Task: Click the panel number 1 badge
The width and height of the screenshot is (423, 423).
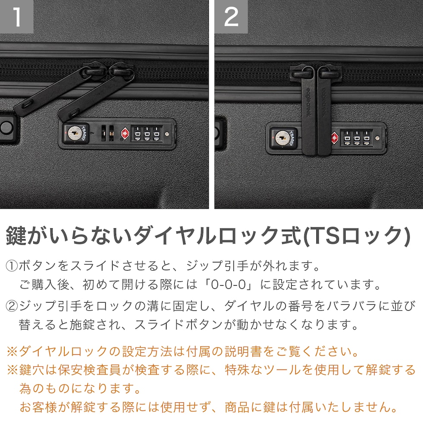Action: coord(16,16)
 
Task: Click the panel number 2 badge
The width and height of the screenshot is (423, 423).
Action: coord(231,16)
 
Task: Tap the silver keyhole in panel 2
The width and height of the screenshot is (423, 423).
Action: coord(282,138)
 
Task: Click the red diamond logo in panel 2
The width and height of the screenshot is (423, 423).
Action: coord(334,138)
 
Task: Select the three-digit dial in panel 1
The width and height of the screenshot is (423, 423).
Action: coord(147,133)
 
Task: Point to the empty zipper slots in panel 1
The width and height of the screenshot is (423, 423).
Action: coord(107,133)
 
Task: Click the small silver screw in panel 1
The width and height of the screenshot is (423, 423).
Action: coord(167,134)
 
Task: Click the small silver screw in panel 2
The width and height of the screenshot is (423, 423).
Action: coord(377,138)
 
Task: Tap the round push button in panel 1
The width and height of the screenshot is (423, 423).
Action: coord(6,128)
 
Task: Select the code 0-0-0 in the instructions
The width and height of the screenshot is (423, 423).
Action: coord(228,284)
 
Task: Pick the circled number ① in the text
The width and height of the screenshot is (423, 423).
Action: coord(12,266)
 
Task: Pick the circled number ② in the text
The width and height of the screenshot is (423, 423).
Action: coord(12,306)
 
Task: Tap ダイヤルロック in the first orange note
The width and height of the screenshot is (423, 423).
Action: coord(63,351)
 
